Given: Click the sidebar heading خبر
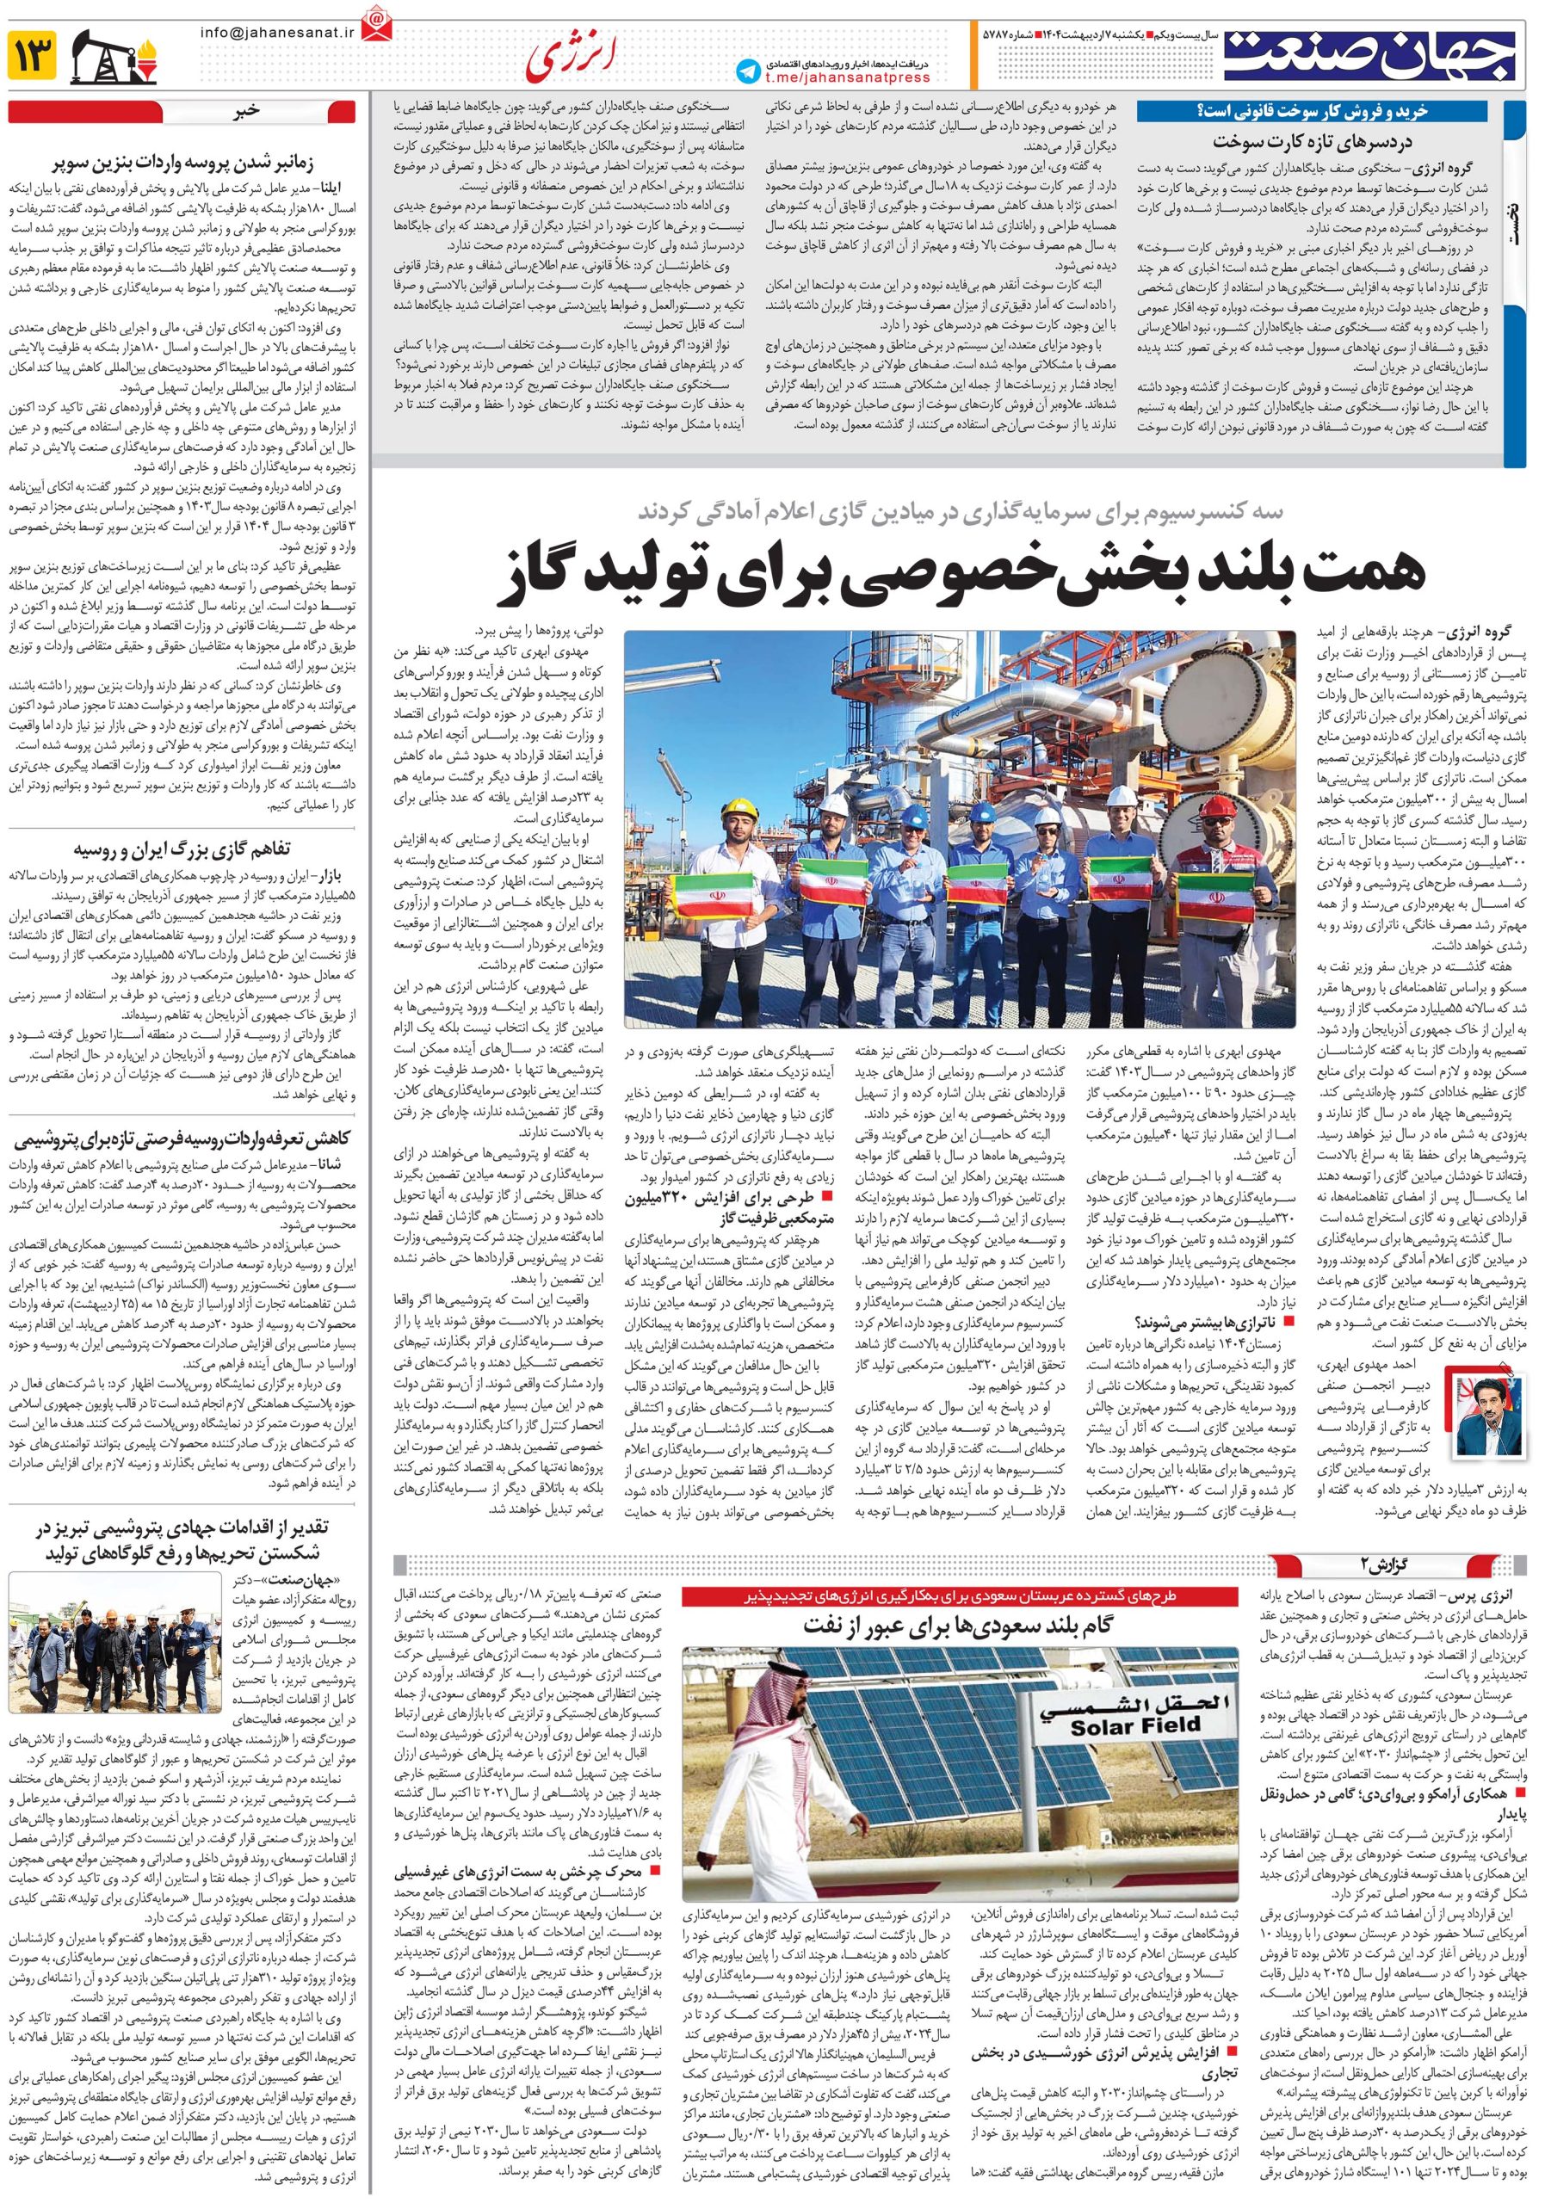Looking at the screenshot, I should point(249,110).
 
